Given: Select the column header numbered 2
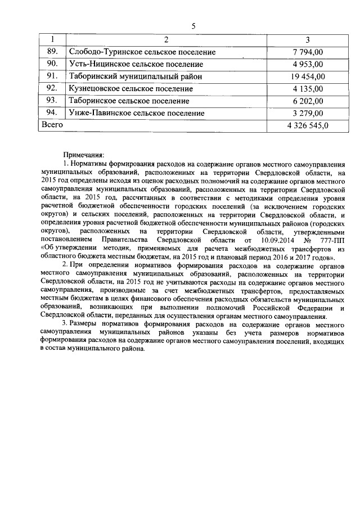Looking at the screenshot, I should coord(166,40).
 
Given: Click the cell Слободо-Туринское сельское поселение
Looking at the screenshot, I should coord(142,52).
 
